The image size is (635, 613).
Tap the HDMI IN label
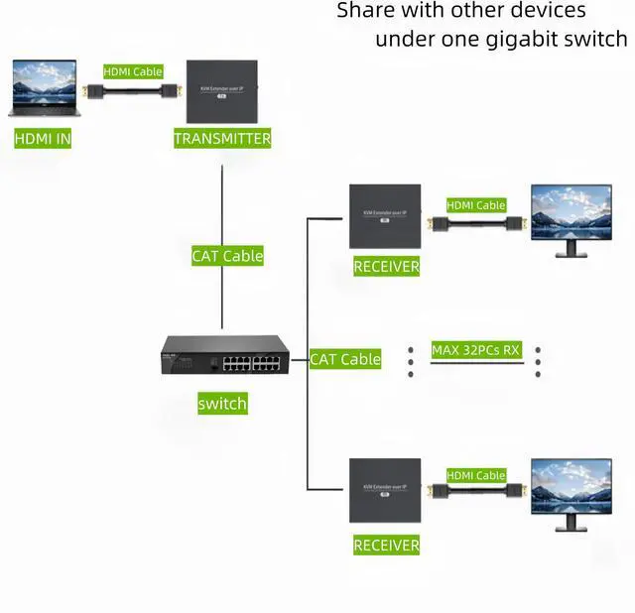(43, 139)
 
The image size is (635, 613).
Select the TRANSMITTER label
(222, 139)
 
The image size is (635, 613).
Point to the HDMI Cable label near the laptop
(133, 71)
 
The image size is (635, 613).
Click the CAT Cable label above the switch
(227, 256)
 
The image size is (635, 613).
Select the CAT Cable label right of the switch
(345, 359)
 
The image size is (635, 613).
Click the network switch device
(225, 358)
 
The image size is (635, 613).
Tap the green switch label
(222, 404)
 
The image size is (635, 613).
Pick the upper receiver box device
(384, 216)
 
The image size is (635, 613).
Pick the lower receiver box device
(384, 490)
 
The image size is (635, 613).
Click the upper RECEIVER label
(386, 267)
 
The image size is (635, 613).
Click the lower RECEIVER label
(386, 546)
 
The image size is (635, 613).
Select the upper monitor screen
(571, 212)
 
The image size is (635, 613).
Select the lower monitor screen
(571, 486)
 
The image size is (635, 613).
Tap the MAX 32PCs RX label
(476, 349)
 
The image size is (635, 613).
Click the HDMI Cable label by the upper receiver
(476, 205)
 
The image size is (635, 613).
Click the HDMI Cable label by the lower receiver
(476, 475)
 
